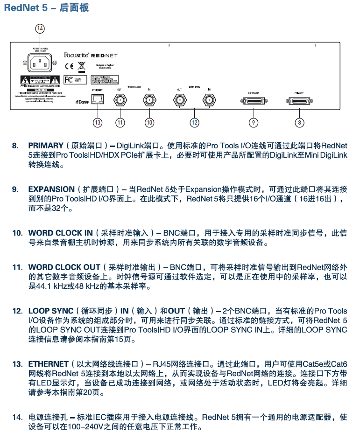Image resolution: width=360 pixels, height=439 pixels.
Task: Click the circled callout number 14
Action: (40, 29)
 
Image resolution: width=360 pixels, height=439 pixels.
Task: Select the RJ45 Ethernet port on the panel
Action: (98, 99)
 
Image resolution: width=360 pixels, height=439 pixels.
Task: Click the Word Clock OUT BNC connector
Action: (120, 99)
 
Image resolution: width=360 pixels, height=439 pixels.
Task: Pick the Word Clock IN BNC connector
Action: (149, 99)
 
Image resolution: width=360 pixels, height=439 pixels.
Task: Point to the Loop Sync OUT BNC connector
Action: (180, 99)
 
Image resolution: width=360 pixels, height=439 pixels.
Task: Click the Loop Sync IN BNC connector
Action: (209, 99)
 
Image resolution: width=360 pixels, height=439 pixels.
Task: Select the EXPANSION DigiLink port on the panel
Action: (254, 101)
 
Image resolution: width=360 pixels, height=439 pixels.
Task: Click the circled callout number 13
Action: (97, 123)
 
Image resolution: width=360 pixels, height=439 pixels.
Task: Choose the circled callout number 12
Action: (194, 123)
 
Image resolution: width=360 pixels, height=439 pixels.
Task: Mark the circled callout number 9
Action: (254, 123)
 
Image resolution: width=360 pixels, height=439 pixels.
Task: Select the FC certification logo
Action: (68, 79)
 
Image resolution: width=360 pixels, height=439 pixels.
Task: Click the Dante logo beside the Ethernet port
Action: (82, 101)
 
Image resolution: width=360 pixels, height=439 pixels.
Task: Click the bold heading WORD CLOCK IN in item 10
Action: (60, 233)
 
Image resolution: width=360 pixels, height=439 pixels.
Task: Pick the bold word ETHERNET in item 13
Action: (48, 363)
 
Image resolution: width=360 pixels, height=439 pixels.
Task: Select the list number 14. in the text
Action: (17, 417)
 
